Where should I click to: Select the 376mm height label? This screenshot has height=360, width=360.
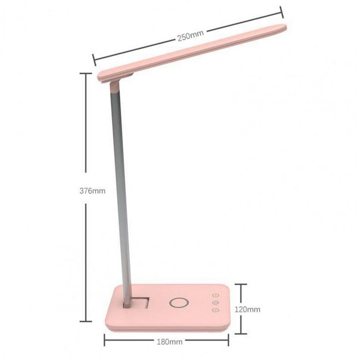(92, 191)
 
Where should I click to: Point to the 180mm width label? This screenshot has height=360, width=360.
(170, 342)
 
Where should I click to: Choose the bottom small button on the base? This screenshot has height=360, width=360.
(216, 310)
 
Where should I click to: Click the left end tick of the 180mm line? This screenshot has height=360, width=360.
(104, 341)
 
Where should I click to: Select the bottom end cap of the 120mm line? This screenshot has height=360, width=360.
(242, 333)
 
